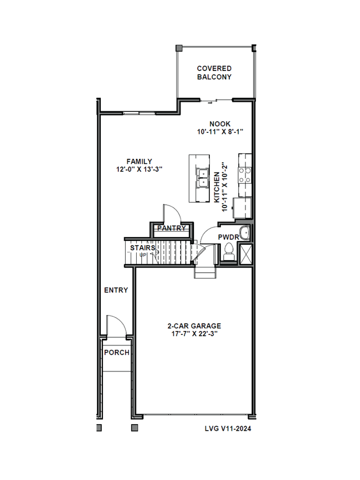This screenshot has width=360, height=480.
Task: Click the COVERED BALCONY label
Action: [x=214, y=73]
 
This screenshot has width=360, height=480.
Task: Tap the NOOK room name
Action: [x=220, y=124]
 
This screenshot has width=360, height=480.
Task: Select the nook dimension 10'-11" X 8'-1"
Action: [x=220, y=132]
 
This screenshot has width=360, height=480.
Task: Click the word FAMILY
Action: [x=139, y=162]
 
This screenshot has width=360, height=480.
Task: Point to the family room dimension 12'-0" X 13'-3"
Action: [x=139, y=170]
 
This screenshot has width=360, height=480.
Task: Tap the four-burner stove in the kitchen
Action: [x=244, y=176]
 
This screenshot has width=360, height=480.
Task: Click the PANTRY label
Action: [x=171, y=228]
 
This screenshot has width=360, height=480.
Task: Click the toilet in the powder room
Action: [x=229, y=254]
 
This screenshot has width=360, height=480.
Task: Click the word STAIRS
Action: [x=142, y=248]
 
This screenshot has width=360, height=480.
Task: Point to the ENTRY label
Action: [x=116, y=290]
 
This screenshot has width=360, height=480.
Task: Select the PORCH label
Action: [x=116, y=353]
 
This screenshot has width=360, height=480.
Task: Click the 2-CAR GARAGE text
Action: [x=194, y=326]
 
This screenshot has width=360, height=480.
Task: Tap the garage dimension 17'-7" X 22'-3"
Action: [x=194, y=334]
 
